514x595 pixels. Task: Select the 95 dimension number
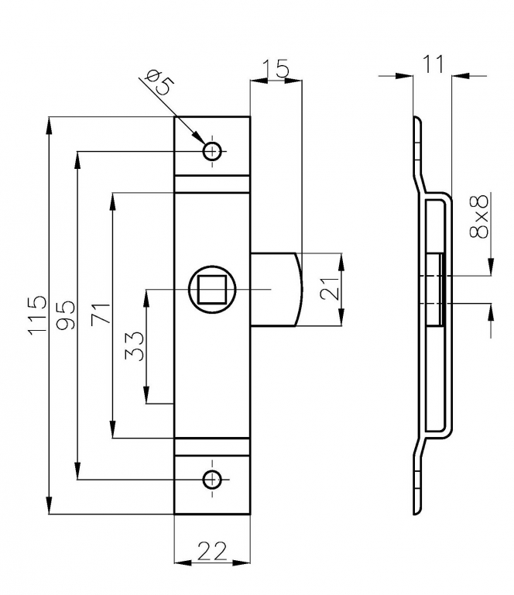coord(67,315)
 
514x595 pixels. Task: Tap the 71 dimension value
coord(101,315)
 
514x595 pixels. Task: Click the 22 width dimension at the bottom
coord(211,551)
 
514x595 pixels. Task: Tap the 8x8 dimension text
coord(481,218)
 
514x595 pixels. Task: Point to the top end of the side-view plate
coord(416,121)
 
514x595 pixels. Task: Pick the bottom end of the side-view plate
coord(416,509)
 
